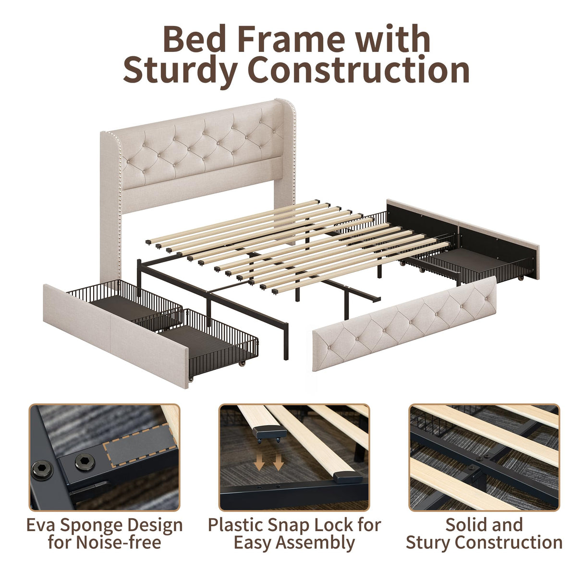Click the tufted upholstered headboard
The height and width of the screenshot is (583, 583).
point(197,144)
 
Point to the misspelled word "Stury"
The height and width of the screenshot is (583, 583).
point(427,543)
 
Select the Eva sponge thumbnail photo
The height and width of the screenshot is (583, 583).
point(104,457)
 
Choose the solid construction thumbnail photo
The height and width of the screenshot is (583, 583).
point(484,457)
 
